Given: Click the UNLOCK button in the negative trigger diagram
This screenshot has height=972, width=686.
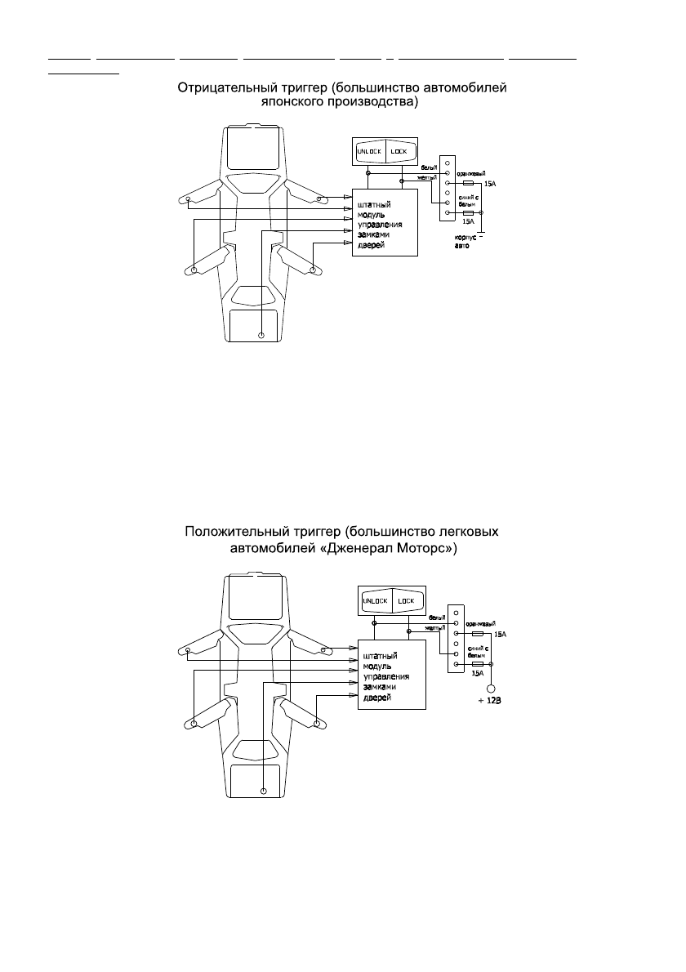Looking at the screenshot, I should coord(368,152).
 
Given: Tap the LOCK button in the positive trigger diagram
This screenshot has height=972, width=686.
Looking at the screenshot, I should coord(406,601).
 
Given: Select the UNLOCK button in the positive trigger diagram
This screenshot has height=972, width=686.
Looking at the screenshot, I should coord(376,601).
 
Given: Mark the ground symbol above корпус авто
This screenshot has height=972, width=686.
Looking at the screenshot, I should coord(481,235).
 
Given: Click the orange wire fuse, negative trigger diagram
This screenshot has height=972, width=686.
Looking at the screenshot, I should coord(468,185).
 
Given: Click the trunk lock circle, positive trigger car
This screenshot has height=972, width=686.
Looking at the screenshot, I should coord(263,791).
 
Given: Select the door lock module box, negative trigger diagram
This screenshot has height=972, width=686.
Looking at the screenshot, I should coord(384,221).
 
